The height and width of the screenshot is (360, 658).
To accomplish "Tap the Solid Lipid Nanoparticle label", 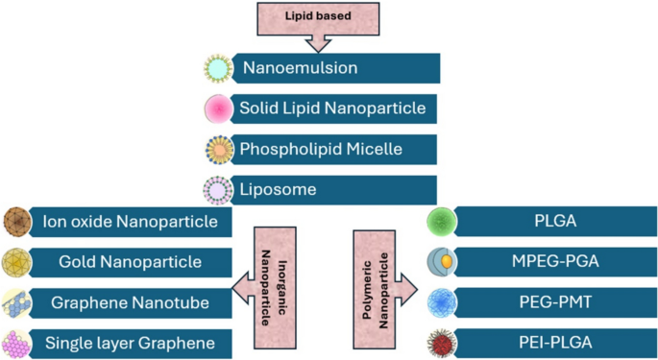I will tap(332, 108).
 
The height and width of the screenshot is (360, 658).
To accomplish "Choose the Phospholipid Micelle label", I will tap(321, 149).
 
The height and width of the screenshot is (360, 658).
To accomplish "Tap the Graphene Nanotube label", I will tap(116, 301).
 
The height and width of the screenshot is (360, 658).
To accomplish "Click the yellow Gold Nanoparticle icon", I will tap(18, 261).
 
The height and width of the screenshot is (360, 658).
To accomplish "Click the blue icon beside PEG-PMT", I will tap(442, 301).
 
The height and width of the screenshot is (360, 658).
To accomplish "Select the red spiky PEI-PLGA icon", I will tap(442, 342).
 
